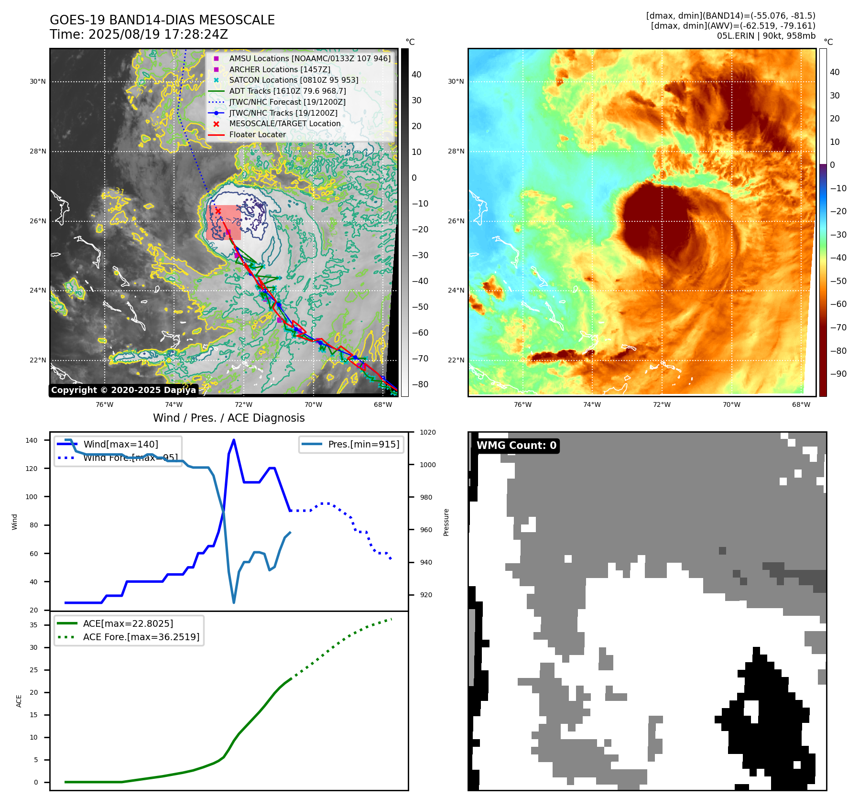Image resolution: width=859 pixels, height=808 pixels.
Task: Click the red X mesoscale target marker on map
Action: point(218,211)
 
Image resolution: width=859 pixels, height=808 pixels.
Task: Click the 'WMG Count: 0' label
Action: point(516,446)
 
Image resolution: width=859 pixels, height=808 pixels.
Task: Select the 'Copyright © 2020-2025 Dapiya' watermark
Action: point(123,390)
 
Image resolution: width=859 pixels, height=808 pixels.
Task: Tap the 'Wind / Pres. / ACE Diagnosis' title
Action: point(228,418)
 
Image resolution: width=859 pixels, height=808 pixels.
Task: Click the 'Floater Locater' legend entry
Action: point(257,134)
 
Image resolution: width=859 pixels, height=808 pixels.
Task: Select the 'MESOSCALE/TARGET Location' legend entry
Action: point(285,123)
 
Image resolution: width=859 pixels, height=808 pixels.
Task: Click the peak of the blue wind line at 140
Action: point(234,440)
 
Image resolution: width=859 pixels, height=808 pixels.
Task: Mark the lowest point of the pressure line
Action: point(234,602)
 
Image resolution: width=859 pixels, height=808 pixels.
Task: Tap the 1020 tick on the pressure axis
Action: point(427,432)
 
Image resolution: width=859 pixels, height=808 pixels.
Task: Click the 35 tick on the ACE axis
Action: point(34,625)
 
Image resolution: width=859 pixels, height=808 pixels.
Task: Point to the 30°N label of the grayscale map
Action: point(38,81)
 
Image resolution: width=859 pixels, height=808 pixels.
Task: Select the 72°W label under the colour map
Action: point(662,404)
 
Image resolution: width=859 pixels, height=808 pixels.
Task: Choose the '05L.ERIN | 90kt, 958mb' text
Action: point(766,36)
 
